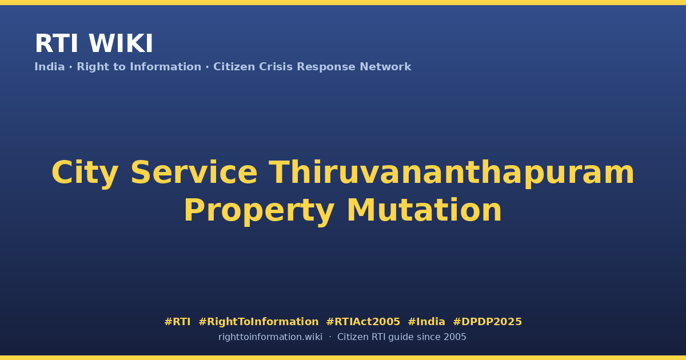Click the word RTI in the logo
pos(57,43)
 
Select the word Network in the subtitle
pos(385,67)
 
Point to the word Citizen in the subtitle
pos(234,67)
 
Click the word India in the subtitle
pos(50,67)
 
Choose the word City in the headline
pos(85,173)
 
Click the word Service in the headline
pos(194,173)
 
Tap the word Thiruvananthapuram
pos(452,173)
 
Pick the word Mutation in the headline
pos(424,210)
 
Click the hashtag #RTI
pos(177,322)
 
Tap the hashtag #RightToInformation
pos(258,322)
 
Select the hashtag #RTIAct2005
pos(363,322)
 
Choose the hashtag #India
pos(426,322)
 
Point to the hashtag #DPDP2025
pos(487,322)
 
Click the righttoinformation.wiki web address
pos(270,337)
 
